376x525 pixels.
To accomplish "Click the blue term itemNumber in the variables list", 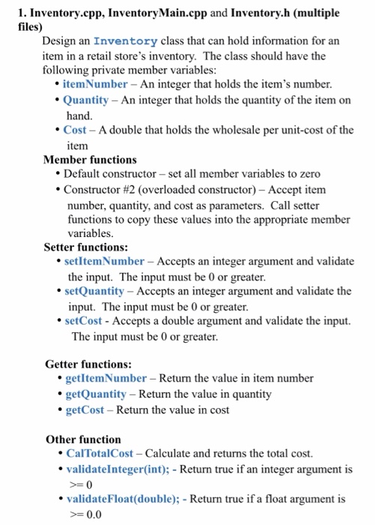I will click(x=95, y=83).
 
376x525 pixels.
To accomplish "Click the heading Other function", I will click(x=83, y=439).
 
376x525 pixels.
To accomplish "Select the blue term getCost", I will click(x=85, y=409).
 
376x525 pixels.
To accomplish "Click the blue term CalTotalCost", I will click(x=100, y=454).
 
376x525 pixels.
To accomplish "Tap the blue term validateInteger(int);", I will click(x=123, y=470).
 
